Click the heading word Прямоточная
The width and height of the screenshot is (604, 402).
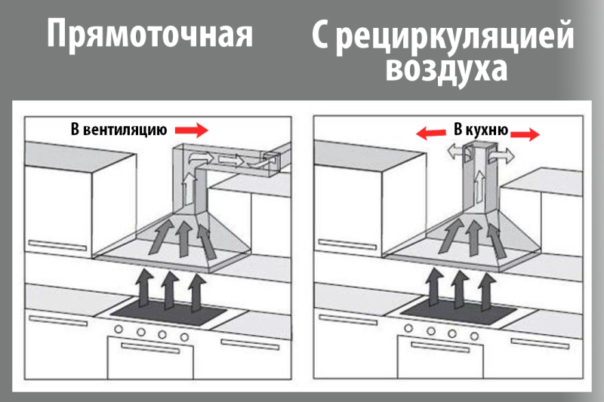[149, 35]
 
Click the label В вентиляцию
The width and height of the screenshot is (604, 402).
[119, 130]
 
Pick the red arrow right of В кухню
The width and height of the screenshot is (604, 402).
[525, 134]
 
